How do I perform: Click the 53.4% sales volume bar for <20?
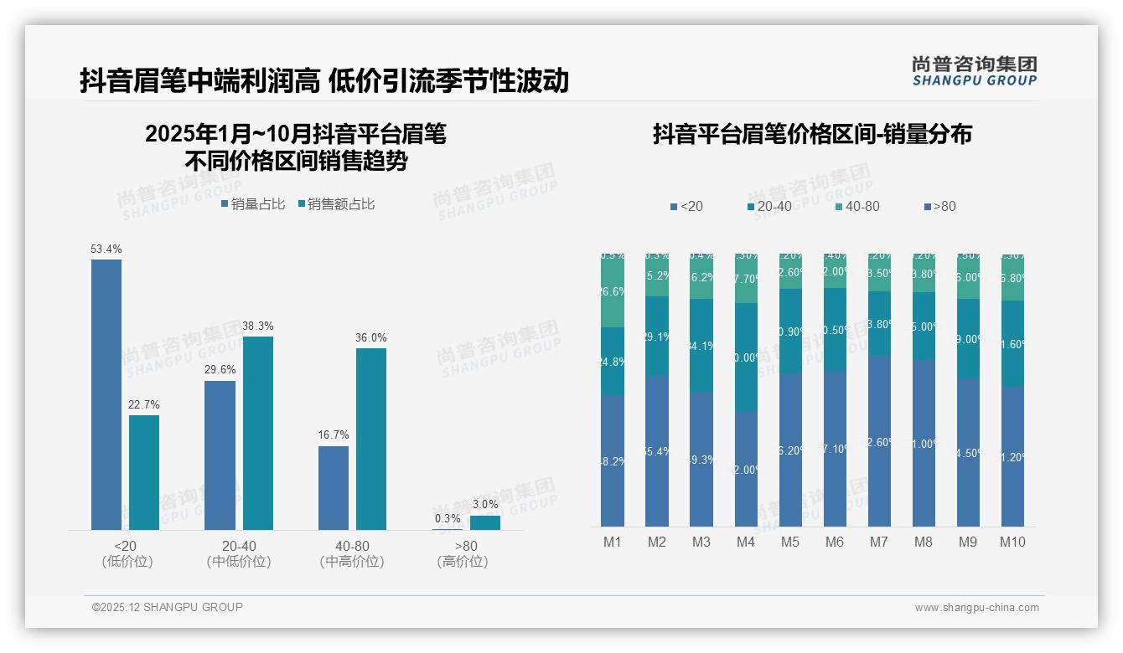pos(106,394)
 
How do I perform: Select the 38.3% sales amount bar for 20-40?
pos(258,433)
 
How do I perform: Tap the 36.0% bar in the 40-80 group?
pos(371,439)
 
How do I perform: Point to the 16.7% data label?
pos(334,435)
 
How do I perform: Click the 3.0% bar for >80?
pos(485,522)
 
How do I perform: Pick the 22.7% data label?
pos(144,405)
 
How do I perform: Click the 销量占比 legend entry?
pos(253,204)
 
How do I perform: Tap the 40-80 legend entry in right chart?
pos(857,207)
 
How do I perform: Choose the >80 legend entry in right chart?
pos(939,207)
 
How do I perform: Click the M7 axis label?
pos(878,542)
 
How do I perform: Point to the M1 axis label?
pos(613,542)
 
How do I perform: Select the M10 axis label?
pos(1012,542)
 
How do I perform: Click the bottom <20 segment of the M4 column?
pos(746,469)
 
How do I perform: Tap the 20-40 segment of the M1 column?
pos(613,362)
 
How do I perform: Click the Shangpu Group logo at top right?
pos(974,71)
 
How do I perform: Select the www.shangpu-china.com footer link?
pos(976,608)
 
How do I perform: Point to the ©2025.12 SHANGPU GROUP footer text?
pos(168,608)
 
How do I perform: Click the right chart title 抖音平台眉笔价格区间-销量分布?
pos(812,135)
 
